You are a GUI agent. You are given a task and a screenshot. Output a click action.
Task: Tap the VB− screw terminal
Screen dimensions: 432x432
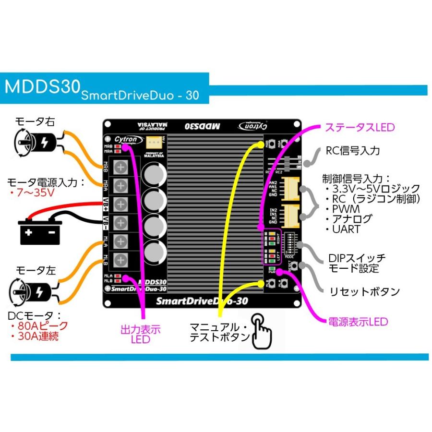pos(121,222)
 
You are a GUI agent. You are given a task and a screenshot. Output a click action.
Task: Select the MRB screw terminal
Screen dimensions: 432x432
pos(121,167)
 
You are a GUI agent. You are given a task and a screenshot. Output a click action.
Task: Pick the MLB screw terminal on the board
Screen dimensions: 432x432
pos(121,259)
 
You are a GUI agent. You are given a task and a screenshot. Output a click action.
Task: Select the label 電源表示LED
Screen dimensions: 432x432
pos(358,322)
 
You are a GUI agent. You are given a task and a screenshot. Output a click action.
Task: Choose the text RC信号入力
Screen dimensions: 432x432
pos(353,151)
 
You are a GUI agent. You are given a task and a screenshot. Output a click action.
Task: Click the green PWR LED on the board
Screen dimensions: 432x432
pos(273,269)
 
